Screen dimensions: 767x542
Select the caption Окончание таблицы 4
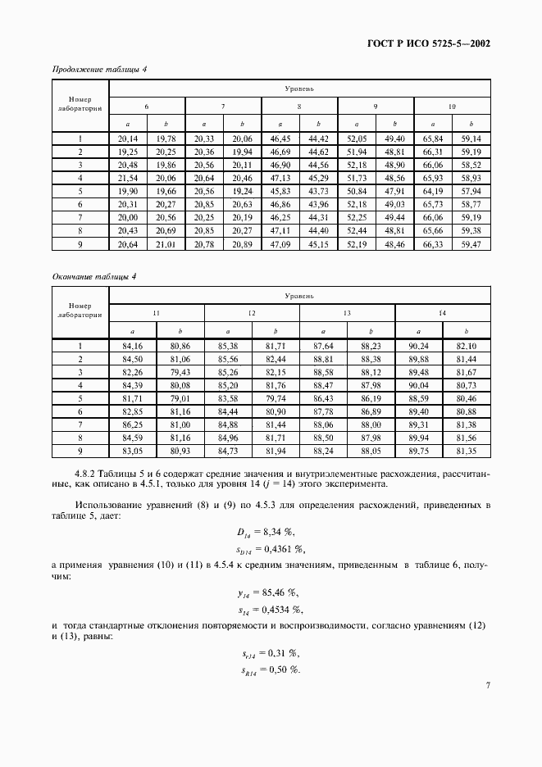(94, 276)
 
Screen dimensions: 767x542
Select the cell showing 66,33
(432, 244)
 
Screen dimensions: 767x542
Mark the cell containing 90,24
(419, 347)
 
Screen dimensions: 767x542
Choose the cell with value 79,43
(180, 371)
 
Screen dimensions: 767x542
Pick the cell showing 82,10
(467, 347)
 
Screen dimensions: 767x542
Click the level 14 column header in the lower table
(443, 314)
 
